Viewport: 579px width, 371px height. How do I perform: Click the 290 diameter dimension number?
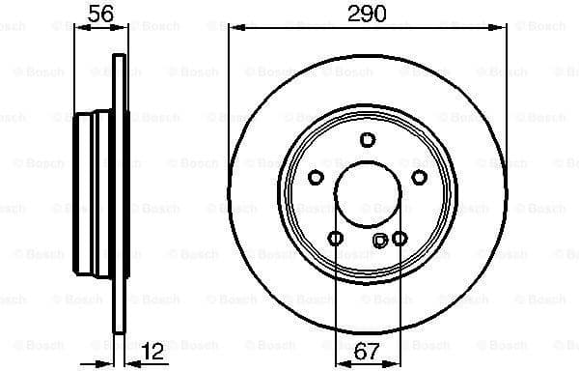[368, 14]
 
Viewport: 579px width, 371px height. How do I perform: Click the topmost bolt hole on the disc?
[367, 140]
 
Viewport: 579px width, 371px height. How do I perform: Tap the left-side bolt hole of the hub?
[316, 177]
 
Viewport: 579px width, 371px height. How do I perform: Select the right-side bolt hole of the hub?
[419, 177]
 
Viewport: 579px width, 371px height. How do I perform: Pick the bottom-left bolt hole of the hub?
[335, 238]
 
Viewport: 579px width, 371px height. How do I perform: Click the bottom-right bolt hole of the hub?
[400, 238]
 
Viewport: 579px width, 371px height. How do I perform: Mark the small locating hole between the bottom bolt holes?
[379, 240]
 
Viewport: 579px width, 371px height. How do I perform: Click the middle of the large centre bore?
[367, 194]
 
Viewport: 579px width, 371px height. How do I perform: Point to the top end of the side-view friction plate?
[120, 60]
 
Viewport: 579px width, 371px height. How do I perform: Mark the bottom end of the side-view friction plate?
[120, 330]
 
